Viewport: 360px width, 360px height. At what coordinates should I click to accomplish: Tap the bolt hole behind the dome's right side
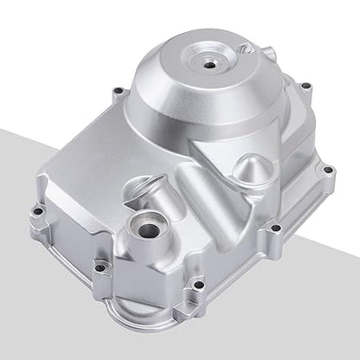tap(305, 86)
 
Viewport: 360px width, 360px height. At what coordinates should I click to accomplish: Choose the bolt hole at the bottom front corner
tap(198, 284)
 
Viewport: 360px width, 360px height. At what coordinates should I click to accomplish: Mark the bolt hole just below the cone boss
tap(275, 228)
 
